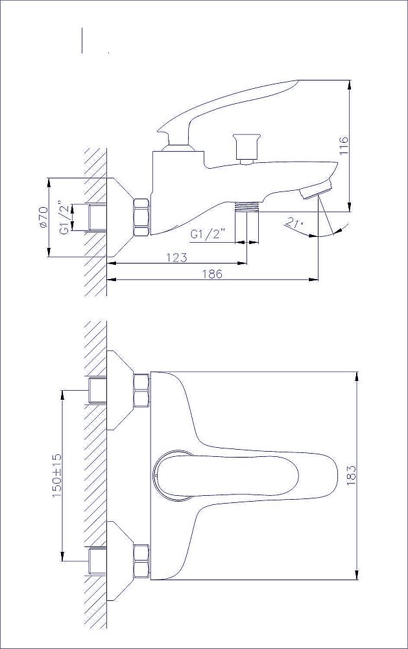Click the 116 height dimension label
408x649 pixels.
click(x=344, y=145)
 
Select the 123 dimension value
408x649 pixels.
click(x=176, y=258)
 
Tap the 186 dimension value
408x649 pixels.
click(x=212, y=274)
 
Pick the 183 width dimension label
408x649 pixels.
click(x=352, y=475)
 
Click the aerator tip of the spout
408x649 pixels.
click(x=317, y=190)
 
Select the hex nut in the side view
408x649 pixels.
click(x=141, y=217)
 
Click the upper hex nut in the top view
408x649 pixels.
click(x=141, y=390)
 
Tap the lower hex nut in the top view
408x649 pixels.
click(x=141, y=561)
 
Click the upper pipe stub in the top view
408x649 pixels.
click(x=98, y=390)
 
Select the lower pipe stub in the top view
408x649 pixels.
click(x=98, y=561)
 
